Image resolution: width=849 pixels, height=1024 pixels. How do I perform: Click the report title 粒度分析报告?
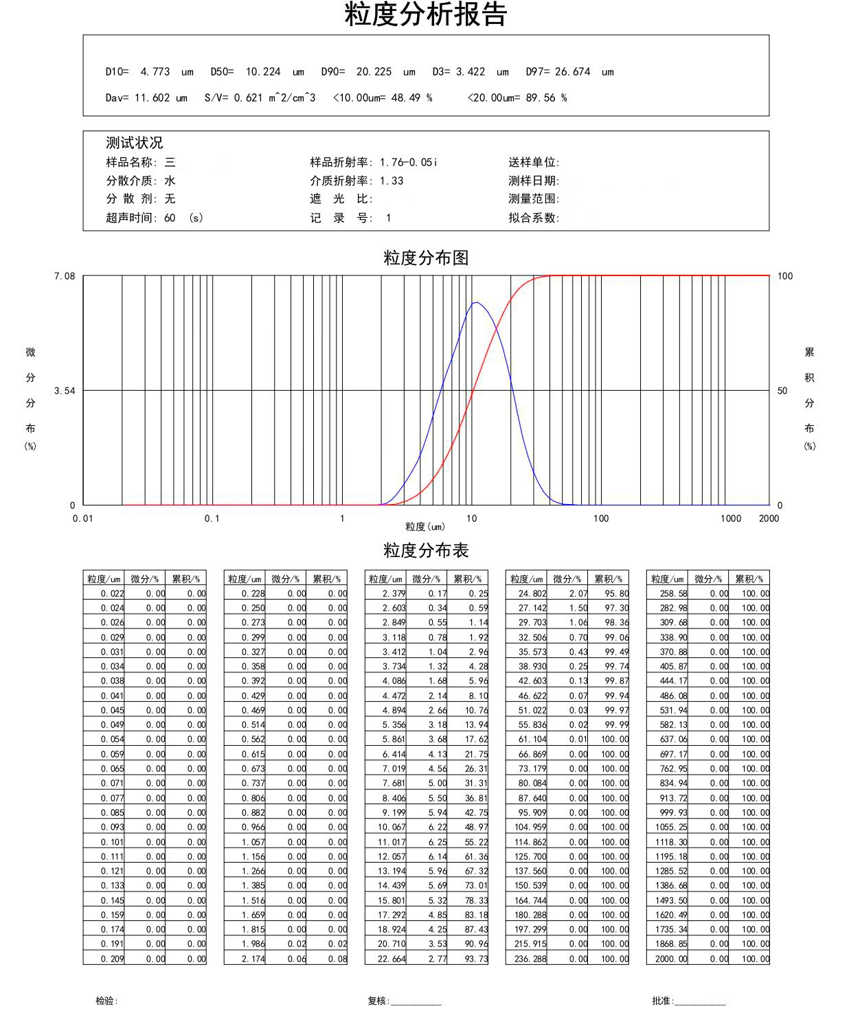425,15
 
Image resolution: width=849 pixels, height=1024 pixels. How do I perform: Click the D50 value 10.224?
263,71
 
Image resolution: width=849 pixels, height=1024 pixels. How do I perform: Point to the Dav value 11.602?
152,98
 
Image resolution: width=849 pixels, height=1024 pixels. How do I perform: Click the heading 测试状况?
134,143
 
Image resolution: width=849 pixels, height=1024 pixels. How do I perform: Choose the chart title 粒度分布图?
426,258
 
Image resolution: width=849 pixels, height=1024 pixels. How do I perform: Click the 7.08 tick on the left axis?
65,276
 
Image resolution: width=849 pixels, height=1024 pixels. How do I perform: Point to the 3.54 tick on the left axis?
65,391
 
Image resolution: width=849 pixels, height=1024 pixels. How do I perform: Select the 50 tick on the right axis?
782,391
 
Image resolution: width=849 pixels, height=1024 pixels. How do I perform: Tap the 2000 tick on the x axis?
769,519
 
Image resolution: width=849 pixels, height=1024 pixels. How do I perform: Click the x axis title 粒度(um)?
425,527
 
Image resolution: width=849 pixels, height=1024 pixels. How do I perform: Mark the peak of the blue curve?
475,302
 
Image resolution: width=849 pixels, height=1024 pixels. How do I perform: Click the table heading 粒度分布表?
426,551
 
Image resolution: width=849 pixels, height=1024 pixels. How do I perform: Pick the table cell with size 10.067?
392,828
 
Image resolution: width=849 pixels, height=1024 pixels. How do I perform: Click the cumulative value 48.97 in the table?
476,828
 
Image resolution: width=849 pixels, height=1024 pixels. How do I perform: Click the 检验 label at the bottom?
106,1001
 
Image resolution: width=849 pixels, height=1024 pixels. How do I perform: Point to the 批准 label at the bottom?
663,1001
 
